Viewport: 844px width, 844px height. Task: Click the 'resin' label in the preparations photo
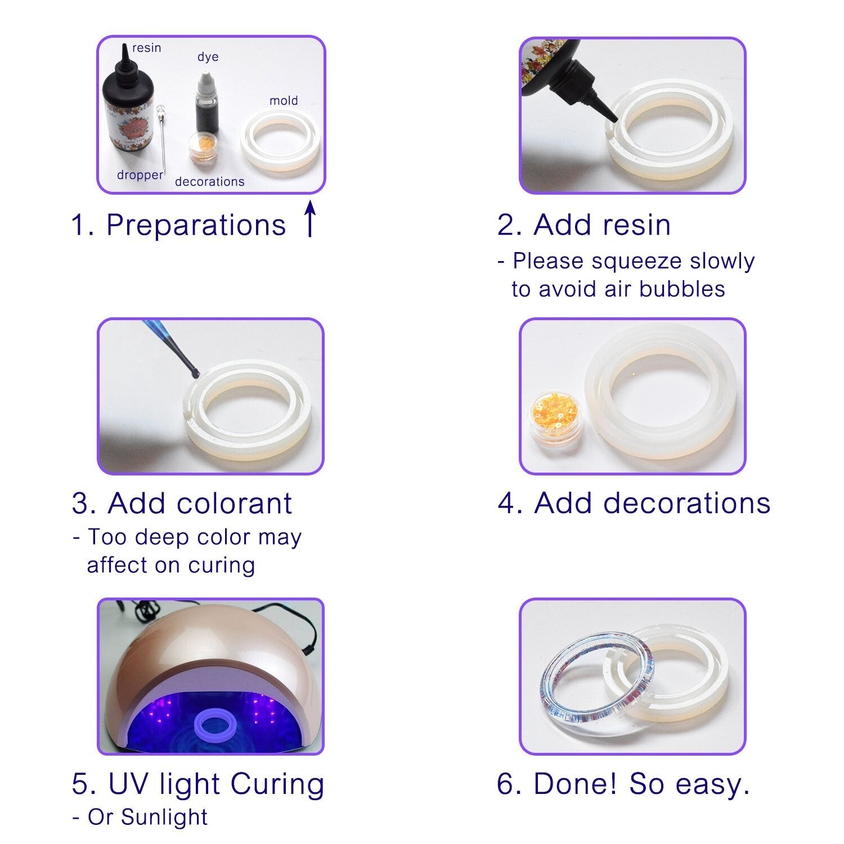click(146, 48)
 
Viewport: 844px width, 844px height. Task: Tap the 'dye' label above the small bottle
click(208, 57)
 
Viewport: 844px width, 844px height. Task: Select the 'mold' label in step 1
click(284, 101)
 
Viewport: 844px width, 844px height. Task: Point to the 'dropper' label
click(140, 175)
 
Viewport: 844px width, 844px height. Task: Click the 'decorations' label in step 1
click(209, 182)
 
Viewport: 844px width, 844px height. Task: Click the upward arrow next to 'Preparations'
click(310, 219)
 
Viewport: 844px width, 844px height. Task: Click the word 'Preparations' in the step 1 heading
click(196, 225)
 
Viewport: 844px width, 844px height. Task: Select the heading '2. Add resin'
click(583, 225)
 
